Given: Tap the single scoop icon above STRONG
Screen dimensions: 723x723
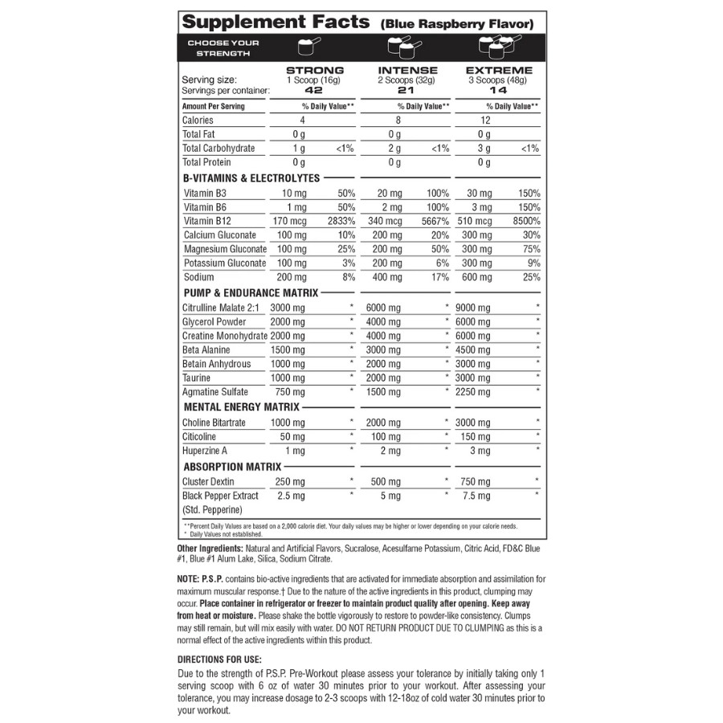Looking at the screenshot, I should pyautogui.click(x=304, y=47).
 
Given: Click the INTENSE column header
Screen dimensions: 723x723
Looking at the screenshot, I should pyautogui.click(x=407, y=70).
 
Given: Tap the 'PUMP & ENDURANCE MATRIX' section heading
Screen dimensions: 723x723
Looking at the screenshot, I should pyautogui.click(x=251, y=293).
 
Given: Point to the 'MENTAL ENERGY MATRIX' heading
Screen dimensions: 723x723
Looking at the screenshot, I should pyautogui.click(x=242, y=407).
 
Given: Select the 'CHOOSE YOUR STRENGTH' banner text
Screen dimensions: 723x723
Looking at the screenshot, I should pyautogui.click(x=223, y=47).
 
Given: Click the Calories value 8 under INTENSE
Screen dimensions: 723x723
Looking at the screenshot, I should pyautogui.click(x=394, y=120).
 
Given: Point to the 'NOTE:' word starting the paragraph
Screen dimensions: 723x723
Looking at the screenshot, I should pyautogui.click(x=188, y=578).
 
